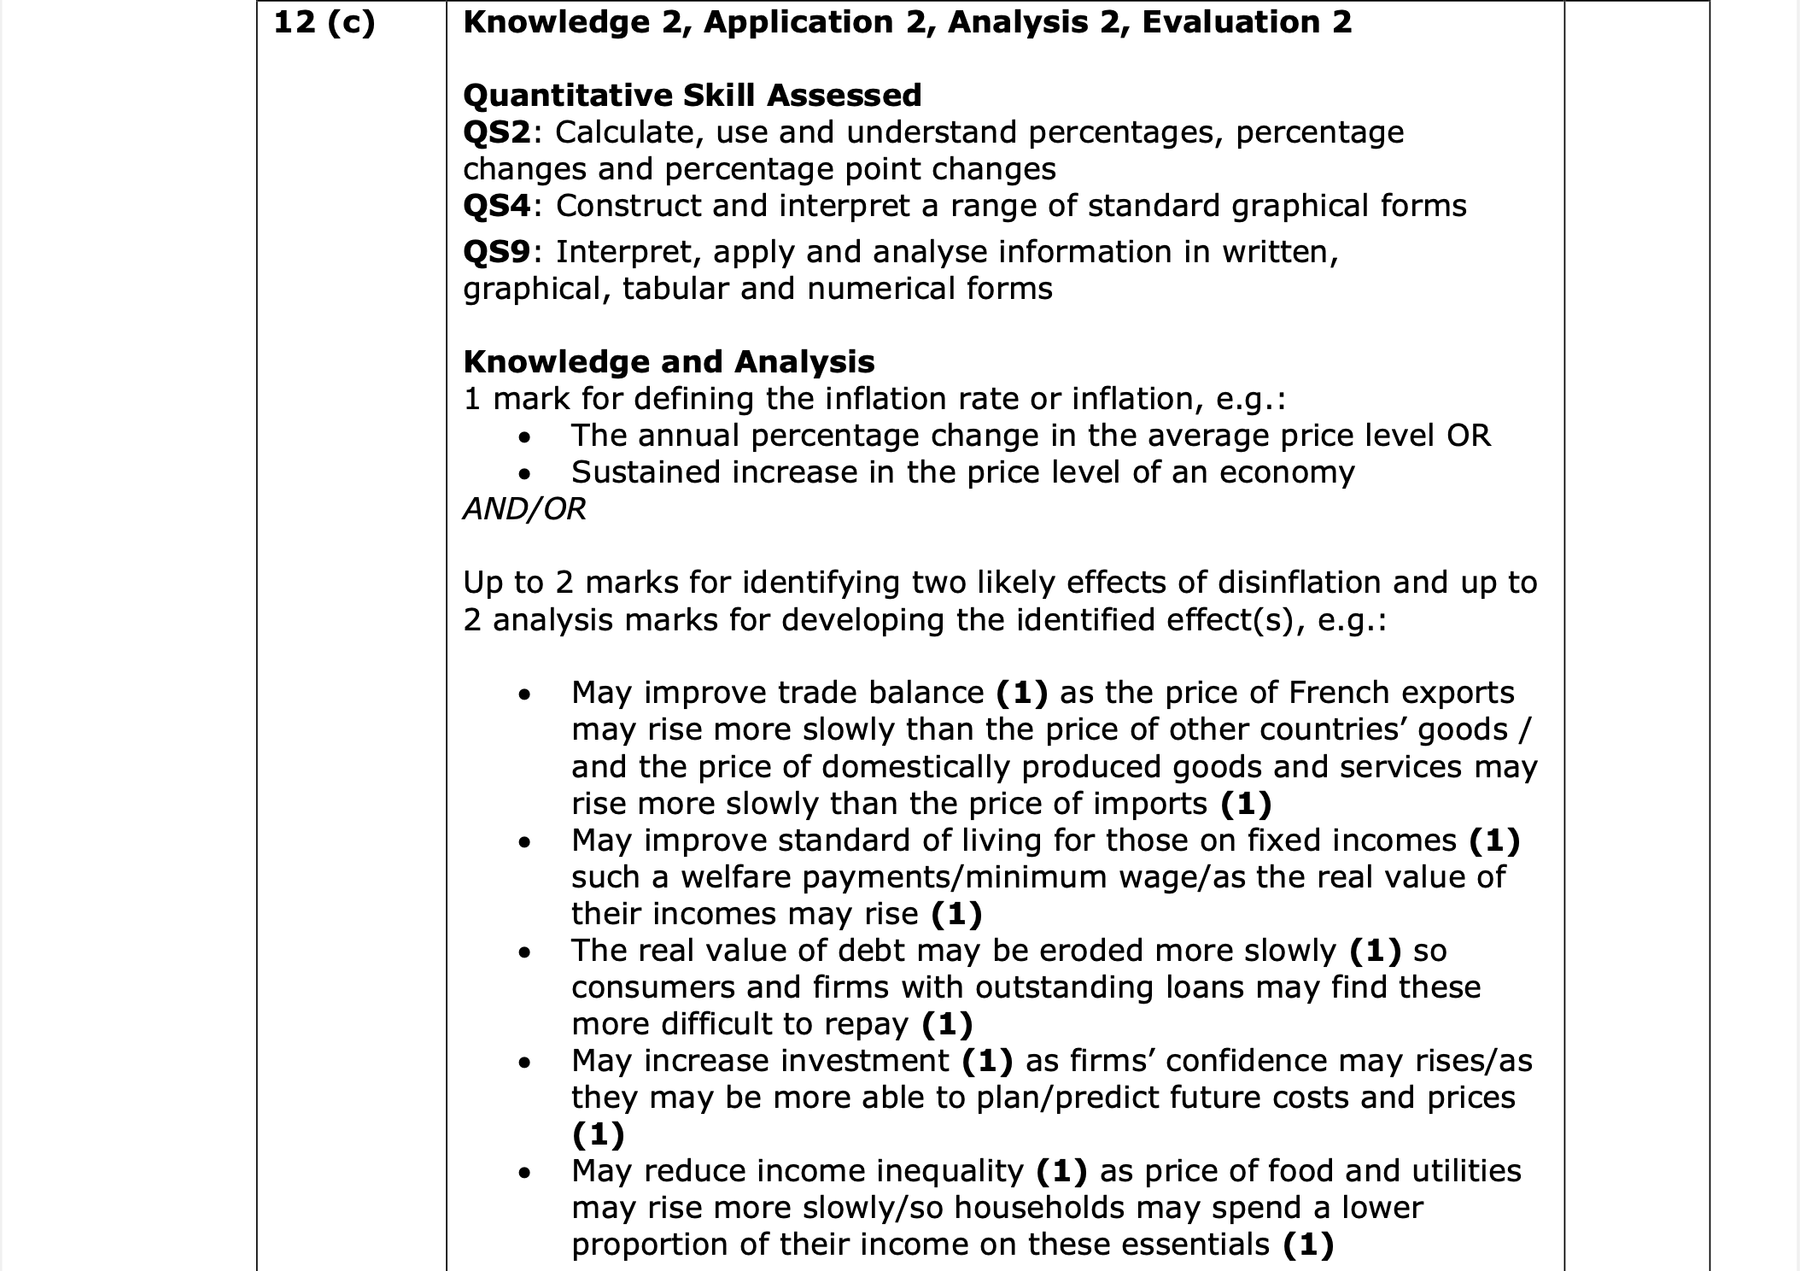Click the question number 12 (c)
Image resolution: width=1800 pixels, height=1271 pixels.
tap(324, 23)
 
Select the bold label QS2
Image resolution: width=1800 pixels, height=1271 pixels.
tap(496, 132)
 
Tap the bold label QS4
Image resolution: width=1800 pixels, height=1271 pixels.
tap(496, 206)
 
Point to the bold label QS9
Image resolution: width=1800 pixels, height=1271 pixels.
tap(496, 252)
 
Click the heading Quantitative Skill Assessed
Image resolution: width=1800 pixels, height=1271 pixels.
tap(692, 95)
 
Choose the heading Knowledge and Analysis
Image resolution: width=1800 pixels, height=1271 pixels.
tap(669, 362)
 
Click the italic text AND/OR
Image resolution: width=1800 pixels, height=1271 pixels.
tap(524, 509)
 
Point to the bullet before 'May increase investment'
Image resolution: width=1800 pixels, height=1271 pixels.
tap(524, 1063)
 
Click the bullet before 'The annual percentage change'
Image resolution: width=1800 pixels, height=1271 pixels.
tap(524, 437)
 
